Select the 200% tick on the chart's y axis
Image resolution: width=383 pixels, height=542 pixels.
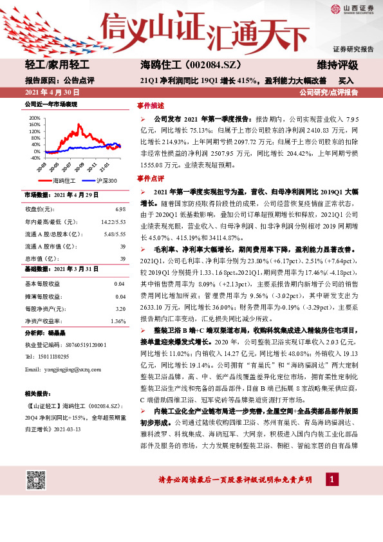34,118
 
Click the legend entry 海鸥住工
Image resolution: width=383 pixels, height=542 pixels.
64,181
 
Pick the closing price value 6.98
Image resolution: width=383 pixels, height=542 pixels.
120,209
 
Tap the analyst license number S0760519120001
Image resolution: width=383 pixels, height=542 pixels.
80,344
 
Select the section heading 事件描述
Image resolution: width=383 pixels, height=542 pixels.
150,105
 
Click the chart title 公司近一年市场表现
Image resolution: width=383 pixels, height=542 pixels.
51,103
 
